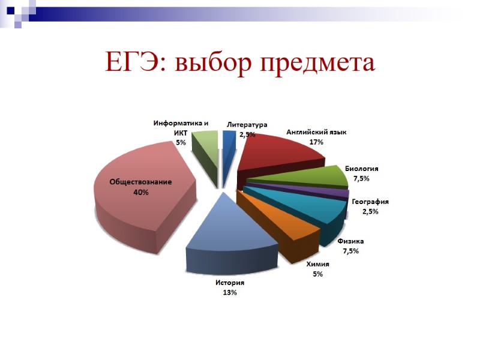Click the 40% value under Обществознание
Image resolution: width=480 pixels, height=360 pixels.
140,192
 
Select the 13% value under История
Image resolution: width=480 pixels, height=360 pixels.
230,292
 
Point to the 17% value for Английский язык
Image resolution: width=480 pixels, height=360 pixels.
316,142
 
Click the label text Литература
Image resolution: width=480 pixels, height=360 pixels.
247,125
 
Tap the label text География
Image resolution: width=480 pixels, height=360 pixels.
370,202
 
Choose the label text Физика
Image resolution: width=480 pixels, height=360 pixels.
350,241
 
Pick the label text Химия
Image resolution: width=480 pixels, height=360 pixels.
317,264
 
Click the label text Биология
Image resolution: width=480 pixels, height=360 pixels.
361,169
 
